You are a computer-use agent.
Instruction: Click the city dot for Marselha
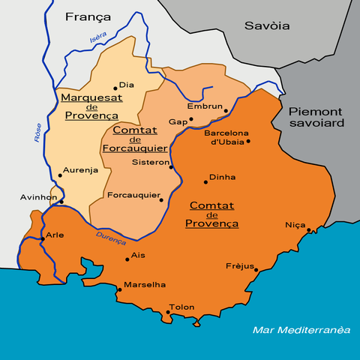click(x=120, y=289)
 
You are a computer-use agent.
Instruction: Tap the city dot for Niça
click(x=309, y=230)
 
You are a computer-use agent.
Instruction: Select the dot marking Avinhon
click(x=61, y=202)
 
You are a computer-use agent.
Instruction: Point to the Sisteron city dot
click(x=171, y=166)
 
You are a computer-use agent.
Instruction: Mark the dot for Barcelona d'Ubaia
click(x=248, y=140)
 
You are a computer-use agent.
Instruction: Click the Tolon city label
click(x=182, y=307)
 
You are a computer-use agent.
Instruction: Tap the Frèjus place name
click(x=240, y=266)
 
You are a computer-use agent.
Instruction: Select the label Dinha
click(x=222, y=177)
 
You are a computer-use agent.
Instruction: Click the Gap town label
click(x=178, y=121)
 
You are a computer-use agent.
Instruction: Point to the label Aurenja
click(x=81, y=170)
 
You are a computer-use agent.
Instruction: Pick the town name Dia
click(x=127, y=85)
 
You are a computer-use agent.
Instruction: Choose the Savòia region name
click(x=267, y=25)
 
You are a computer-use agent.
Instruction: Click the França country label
click(x=88, y=16)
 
